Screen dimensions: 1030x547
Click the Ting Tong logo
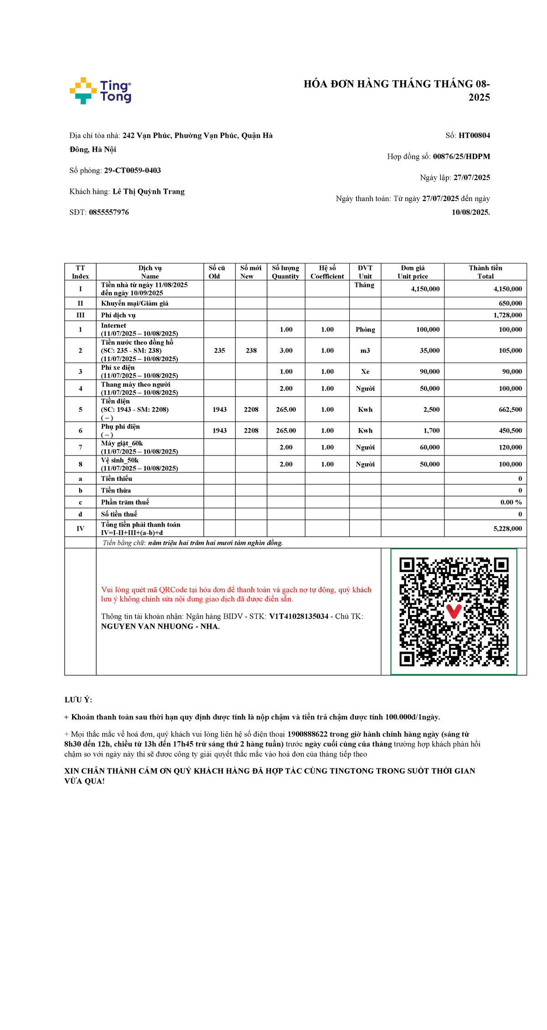click(x=100, y=91)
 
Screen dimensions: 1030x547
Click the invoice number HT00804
click(x=474, y=135)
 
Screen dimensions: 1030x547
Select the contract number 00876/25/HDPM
click(x=461, y=156)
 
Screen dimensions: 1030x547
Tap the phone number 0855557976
click(x=109, y=212)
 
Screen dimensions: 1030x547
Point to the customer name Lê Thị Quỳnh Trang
click(x=149, y=192)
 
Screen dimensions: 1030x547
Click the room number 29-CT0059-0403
click(x=133, y=171)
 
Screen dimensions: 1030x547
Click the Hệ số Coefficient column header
click(x=327, y=272)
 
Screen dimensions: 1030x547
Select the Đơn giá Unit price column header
click(x=413, y=272)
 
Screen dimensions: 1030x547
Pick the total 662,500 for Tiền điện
click(x=510, y=409)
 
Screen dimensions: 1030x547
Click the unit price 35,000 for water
click(x=429, y=351)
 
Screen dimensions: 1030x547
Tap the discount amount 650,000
click(x=510, y=303)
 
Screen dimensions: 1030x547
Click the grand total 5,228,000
click(x=507, y=528)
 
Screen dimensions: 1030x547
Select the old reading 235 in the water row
click(x=220, y=351)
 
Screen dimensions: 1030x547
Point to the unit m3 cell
click(x=365, y=351)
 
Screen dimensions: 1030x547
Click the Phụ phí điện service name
click(x=120, y=427)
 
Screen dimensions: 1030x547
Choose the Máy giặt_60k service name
click(x=122, y=443)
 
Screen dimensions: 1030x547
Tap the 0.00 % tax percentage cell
click(x=511, y=502)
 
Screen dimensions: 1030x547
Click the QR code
click(x=454, y=611)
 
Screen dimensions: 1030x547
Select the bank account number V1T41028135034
click(x=299, y=616)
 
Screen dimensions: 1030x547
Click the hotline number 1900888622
click(x=307, y=734)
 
